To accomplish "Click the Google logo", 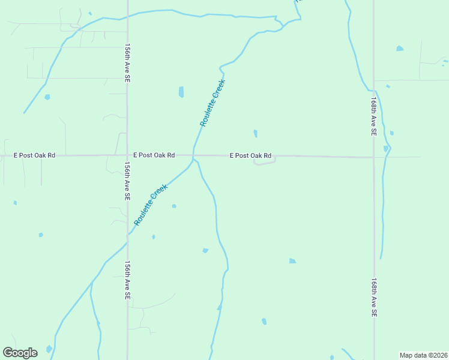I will [20, 353].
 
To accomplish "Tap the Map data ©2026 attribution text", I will [423, 355].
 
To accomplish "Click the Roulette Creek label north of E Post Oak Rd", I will [212, 103].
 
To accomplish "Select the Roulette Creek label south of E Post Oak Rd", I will [150, 205].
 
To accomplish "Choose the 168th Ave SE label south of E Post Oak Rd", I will [373, 297].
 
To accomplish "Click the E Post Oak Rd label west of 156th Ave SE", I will [35, 155].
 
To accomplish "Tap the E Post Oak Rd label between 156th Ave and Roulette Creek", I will [154, 155].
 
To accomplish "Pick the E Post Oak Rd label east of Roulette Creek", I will [251, 155].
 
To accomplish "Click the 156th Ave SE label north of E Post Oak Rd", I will [127, 62].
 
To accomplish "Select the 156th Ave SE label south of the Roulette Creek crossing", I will [127, 280].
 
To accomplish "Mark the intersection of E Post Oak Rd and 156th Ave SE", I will [127, 155].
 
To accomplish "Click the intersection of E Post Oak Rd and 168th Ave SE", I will [373, 158].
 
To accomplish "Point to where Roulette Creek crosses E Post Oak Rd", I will [193, 155].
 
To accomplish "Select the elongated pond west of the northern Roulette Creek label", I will [181, 92].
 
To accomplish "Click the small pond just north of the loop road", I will [256, 133].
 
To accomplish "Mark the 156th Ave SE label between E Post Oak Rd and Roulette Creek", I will [127, 180].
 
